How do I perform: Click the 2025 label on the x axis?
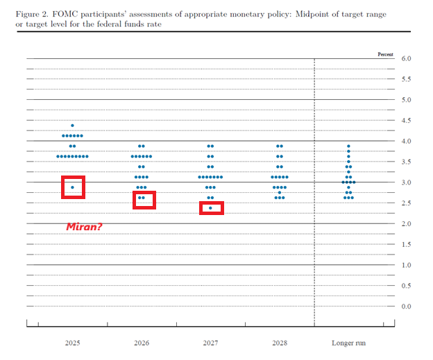72,343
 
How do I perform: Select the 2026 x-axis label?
141,343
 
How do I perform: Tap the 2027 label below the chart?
210,343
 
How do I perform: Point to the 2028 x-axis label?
279,343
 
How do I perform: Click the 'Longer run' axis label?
348,343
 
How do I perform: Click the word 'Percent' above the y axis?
386,53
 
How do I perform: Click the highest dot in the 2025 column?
72,126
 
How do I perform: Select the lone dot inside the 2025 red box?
72,187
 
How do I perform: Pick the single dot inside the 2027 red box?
210,208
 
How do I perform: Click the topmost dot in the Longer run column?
348,146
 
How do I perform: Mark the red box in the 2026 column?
144,200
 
